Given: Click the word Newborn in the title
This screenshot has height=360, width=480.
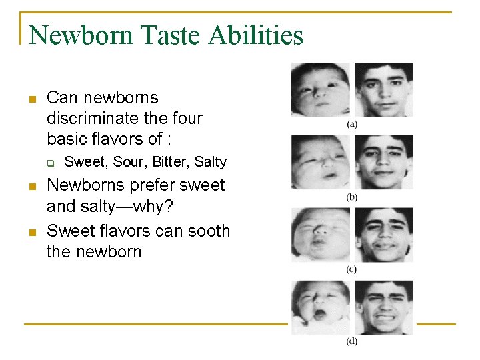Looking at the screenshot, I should pyautogui.click(x=81, y=35).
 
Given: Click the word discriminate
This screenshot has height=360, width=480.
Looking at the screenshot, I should pyautogui.click(x=87, y=119).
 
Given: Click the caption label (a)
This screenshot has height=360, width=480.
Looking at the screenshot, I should pyautogui.click(x=352, y=124).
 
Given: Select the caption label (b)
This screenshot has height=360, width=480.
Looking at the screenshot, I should pyautogui.click(x=352, y=197).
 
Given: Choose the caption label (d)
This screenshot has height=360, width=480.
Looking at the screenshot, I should pyautogui.click(x=352, y=341).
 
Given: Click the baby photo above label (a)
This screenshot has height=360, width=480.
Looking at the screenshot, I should pyautogui.click(x=320, y=89).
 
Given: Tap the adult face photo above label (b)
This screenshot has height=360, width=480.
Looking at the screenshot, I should pyautogui.click(x=383, y=161).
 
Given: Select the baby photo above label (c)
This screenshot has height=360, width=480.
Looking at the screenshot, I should pyautogui.click(x=320, y=234).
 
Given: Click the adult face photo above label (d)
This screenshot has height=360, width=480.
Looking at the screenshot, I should pyautogui.click(x=383, y=307).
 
